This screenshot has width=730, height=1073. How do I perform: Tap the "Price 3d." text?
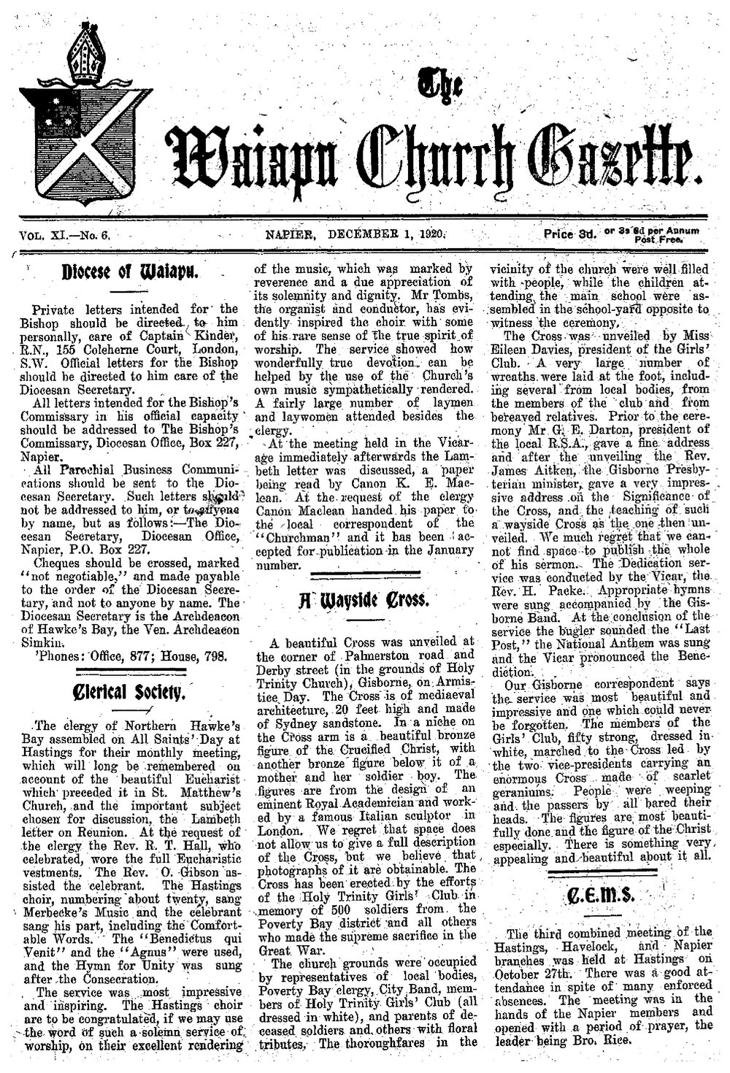tap(569, 235)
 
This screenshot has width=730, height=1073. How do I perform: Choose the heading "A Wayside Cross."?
tap(365, 602)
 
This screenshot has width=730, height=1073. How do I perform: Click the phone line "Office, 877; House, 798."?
tap(143, 655)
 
